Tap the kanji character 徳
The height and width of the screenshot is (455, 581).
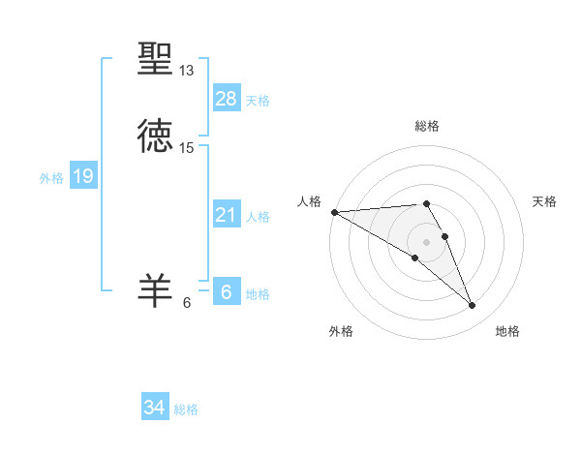click(155, 135)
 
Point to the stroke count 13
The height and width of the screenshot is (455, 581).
click(187, 71)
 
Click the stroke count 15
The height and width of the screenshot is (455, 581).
click(187, 147)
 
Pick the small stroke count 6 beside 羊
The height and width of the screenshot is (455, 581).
click(187, 303)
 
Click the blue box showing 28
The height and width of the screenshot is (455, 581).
click(226, 98)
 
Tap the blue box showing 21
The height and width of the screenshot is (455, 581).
click(226, 214)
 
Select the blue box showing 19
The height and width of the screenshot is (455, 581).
click(82, 176)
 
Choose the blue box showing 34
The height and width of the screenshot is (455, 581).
click(155, 408)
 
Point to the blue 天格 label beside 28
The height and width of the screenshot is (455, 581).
click(258, 101)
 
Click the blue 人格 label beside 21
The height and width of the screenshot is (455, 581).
click(258, 217)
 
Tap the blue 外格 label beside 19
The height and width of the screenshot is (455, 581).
click(51, 178)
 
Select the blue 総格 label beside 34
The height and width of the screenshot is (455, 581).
click(186, 409)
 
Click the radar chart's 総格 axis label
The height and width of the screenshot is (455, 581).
click(427, 126)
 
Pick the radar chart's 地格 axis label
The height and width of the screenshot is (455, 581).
click(507, 332)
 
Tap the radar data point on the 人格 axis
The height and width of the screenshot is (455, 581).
click(334, 212)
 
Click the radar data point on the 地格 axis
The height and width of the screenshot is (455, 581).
click(473, 306)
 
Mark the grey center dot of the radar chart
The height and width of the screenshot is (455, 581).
click(427, 242)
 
